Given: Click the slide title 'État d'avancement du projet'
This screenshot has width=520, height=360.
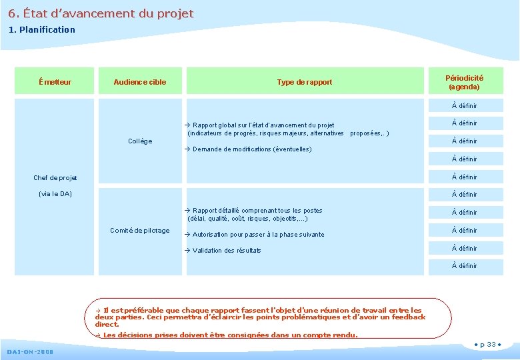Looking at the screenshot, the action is pyautogui.click(x=101, y=13).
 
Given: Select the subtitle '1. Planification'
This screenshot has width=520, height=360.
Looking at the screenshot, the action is pyautogui.click(x=41, y=29).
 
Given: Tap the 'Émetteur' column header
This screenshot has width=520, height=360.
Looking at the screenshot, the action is pyautogui.click(x=55, y=82).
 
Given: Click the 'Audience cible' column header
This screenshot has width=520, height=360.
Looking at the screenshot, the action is pyautogui.click(x=140, y=82).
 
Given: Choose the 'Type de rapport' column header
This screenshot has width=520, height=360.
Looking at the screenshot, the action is pyautogui.click(x=305, y=82).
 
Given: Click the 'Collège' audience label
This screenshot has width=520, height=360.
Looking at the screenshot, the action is pyautogui.click(x=140, y=141).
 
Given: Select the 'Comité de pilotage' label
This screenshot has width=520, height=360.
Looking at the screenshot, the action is pyautogui.click(x=140, y=231).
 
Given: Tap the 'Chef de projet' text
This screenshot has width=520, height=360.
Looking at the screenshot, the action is pyautogui.click(x=55, y=178).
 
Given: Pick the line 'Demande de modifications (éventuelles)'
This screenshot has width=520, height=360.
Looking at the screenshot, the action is pyautogui.click(x=251, y=149).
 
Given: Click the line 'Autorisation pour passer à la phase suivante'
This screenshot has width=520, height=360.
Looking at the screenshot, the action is pyautogui.click(x=258, y=235).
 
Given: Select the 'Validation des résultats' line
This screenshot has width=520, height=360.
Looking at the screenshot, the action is pyautogui.click(x=227, y=251).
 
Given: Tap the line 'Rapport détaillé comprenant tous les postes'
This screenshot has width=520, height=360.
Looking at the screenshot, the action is pyautogui.click(x=257, y=211).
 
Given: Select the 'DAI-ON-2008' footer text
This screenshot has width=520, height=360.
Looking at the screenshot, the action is pyautogui.click(x=30, y=351).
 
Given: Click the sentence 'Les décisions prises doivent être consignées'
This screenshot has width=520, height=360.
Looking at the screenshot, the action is pyautogui.click(x=230, y=335).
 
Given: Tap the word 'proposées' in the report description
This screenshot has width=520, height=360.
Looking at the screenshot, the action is pyautogui.click(x=367, y=133).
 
